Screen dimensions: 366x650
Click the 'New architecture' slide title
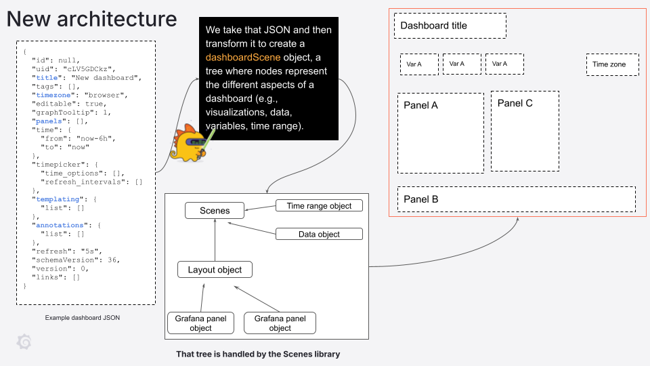(92, 19)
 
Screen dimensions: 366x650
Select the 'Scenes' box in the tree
(215, 211)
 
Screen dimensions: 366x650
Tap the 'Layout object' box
(215, 270)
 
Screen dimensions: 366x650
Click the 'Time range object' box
(320, 205)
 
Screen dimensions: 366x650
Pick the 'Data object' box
(320, 234)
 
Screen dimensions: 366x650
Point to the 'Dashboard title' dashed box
(450, 26)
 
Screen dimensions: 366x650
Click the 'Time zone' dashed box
(614, 64)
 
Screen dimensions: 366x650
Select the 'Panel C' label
(515, 103)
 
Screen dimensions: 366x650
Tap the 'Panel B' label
(421, 199)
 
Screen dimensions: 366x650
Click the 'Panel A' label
(420, 105)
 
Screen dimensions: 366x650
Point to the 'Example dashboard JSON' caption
(83, 317)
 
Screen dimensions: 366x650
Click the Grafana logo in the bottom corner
(24, 342)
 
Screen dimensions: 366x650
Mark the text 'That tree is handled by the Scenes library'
(258, 354)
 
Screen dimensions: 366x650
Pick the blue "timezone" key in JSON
(54, 95)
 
